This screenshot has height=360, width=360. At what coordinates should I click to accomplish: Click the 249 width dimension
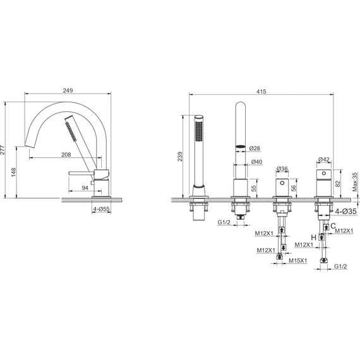68,90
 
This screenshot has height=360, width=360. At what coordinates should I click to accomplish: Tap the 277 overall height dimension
3,150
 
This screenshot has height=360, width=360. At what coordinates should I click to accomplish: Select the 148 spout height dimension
13,172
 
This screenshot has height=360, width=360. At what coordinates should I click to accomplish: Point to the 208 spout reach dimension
66,155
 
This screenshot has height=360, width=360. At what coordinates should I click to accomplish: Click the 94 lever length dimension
85,188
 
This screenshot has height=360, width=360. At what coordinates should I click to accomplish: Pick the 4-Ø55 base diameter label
101,209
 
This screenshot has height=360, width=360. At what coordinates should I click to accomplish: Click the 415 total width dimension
261,92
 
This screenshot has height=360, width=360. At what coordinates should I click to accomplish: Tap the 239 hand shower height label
180,157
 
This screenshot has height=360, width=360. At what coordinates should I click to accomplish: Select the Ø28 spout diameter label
255,148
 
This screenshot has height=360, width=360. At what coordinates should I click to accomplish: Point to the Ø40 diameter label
256,162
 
